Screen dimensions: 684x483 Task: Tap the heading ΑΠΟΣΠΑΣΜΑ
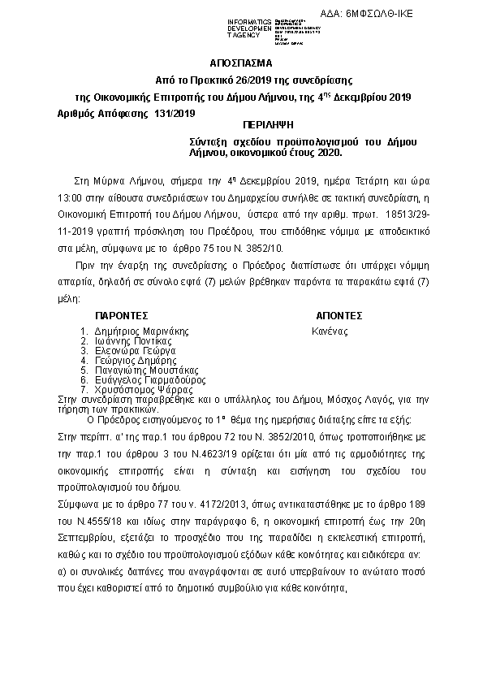coord(241,63)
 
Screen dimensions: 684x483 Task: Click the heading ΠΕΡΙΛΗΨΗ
coord(267,128)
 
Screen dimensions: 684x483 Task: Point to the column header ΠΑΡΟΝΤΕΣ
coord(121,315)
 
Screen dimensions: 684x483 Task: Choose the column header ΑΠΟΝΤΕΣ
coord(338,315)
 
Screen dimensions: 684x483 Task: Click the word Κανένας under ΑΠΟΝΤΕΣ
coord(330,331)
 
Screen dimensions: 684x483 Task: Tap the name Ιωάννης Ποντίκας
coord(132,341)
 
